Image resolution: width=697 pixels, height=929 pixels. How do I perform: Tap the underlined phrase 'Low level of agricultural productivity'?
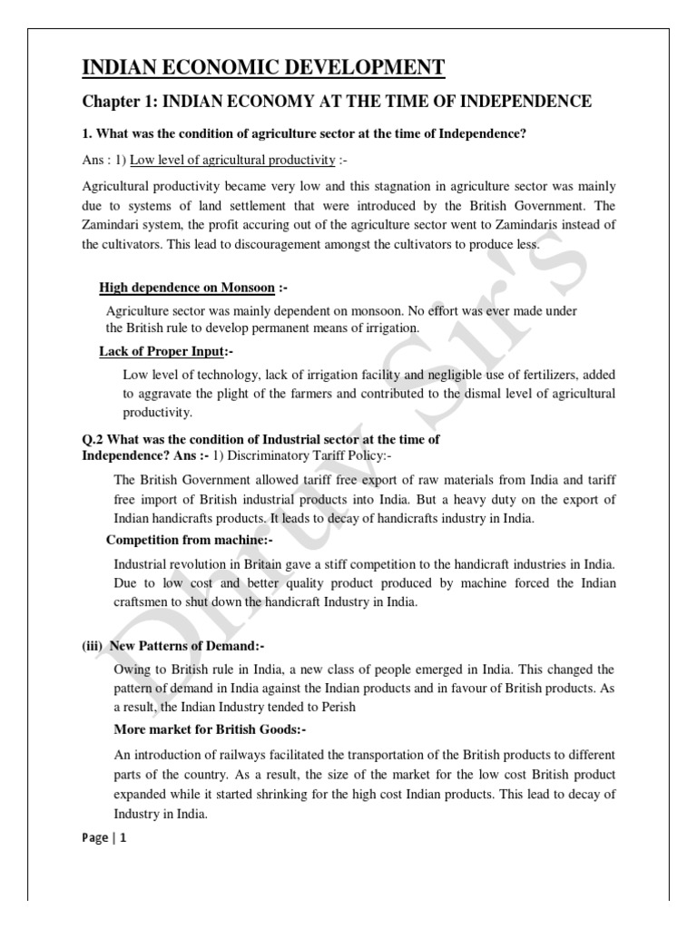[232, 161]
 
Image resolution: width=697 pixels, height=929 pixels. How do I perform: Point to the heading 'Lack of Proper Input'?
[160, 351]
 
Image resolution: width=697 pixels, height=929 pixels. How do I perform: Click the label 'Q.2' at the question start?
[94, 439]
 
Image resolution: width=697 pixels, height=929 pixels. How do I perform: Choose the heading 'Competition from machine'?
[189, 540]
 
